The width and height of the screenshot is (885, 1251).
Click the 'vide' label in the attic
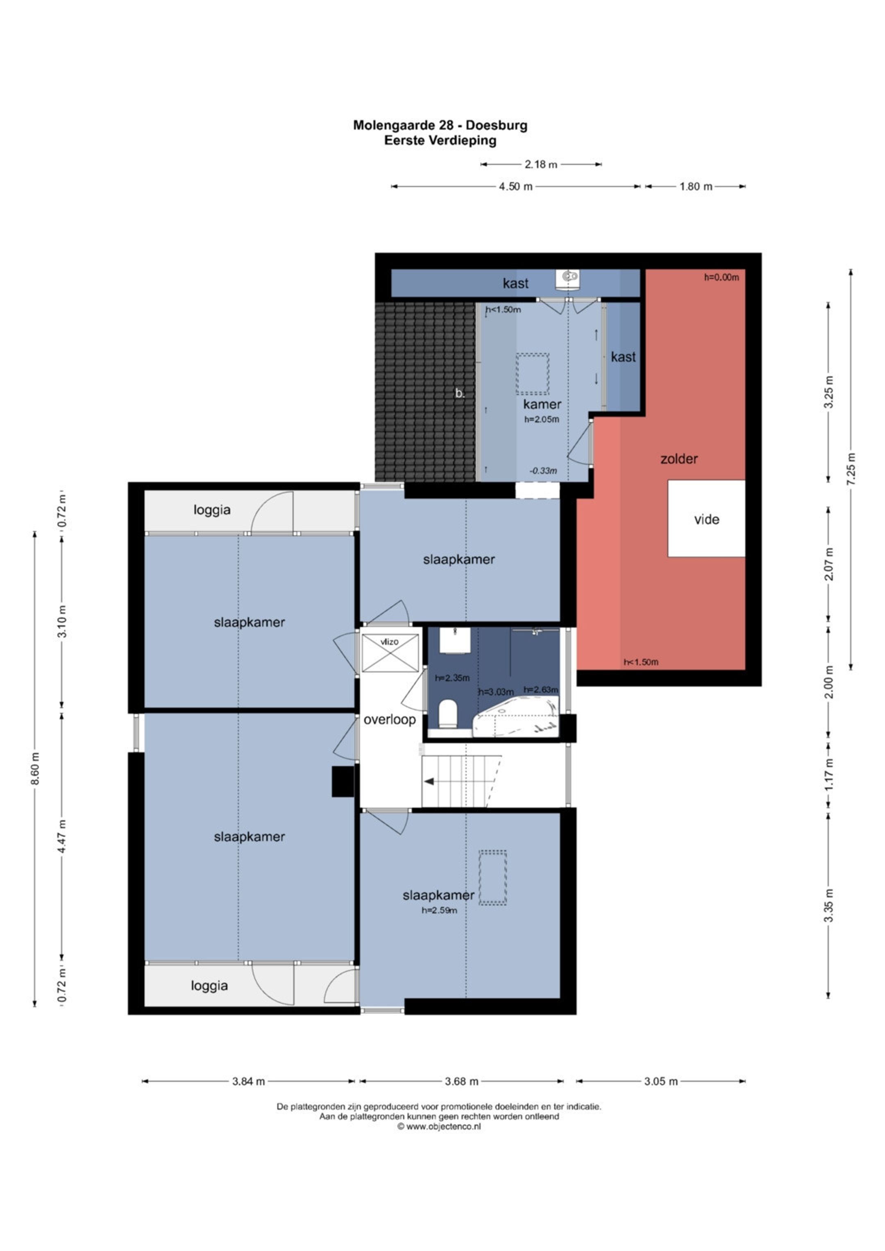[706, 519]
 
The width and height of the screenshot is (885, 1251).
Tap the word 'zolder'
[678, 459]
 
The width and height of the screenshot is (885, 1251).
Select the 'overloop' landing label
[390, 720]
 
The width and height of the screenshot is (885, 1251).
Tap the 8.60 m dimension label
[35, 769]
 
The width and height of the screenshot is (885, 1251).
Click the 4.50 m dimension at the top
[515, 186]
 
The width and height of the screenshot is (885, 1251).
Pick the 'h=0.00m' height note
[722, 277]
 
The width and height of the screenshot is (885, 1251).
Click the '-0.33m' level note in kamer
[543, 471]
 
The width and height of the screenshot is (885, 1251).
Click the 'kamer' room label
[542, 404]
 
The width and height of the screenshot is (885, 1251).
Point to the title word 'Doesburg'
[497, 125]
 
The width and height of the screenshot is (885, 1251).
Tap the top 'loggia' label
[212, 510]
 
